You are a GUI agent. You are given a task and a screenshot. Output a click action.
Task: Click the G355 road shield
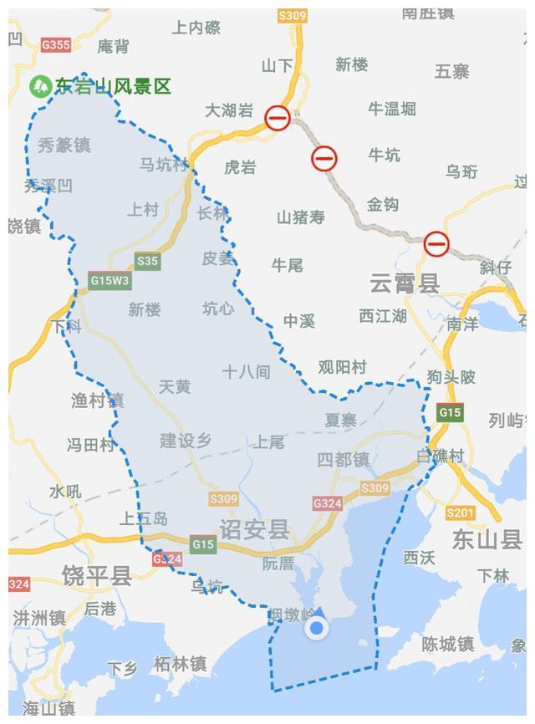[55, 44]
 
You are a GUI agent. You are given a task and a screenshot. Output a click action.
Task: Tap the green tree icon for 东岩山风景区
[39, 86]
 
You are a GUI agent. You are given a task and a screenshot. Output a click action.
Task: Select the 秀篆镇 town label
[64, 145]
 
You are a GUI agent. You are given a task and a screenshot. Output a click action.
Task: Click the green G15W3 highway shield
[110, 281]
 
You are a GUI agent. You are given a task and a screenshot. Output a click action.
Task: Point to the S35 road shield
[147, 261]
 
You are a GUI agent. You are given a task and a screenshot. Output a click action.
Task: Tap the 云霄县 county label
[405, 283]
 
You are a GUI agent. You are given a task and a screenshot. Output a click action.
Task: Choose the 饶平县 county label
[97, 575]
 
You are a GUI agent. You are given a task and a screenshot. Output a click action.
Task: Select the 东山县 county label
[487, 539]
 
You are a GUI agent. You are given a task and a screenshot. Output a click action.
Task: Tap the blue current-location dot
[316, 629]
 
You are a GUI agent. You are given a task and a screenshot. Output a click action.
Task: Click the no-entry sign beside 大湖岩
[278, 118]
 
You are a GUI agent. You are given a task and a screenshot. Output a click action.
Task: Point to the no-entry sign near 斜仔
[436, 244]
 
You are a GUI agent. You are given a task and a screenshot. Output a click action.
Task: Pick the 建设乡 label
[186, 441]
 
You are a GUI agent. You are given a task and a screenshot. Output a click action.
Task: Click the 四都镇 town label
[343, 460]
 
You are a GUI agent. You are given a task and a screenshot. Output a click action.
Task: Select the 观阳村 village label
[342, 367]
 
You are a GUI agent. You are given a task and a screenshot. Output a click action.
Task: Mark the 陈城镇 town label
[447, 645]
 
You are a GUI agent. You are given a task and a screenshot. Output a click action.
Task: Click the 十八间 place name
[246, 372]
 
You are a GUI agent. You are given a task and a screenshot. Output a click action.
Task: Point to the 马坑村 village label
[164, 165]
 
